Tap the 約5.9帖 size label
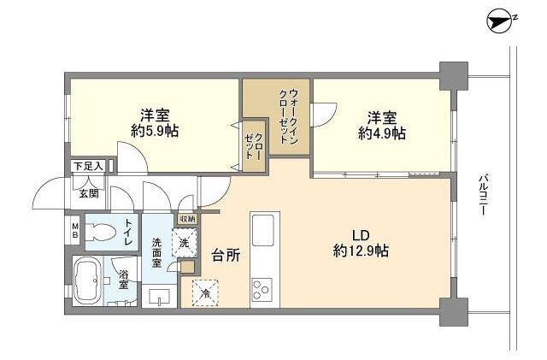155,132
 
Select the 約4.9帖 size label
382,133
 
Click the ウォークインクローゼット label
291,117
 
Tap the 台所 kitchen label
224,254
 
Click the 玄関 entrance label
90,193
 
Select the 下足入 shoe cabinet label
88,166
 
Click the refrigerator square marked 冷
205,292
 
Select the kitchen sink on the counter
262,231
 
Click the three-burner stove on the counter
262,289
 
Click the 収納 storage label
186,219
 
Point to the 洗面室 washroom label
158,252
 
